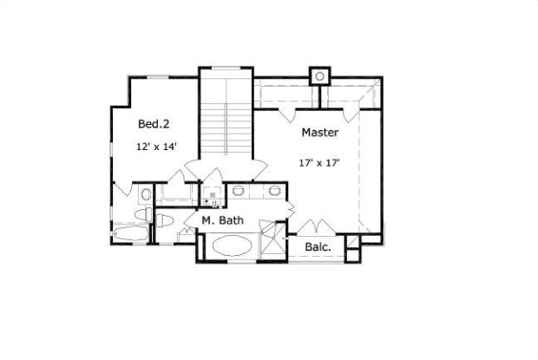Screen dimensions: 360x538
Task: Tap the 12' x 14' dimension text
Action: pos(155,147)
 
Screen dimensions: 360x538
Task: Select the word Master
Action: pos(319,133)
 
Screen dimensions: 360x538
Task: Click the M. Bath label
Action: pos(222,220)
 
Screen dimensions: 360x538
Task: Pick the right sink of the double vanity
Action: pos(275,191)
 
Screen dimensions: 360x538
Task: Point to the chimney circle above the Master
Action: pos(319,77)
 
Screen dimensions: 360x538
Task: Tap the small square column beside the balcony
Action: pos(351,254)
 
